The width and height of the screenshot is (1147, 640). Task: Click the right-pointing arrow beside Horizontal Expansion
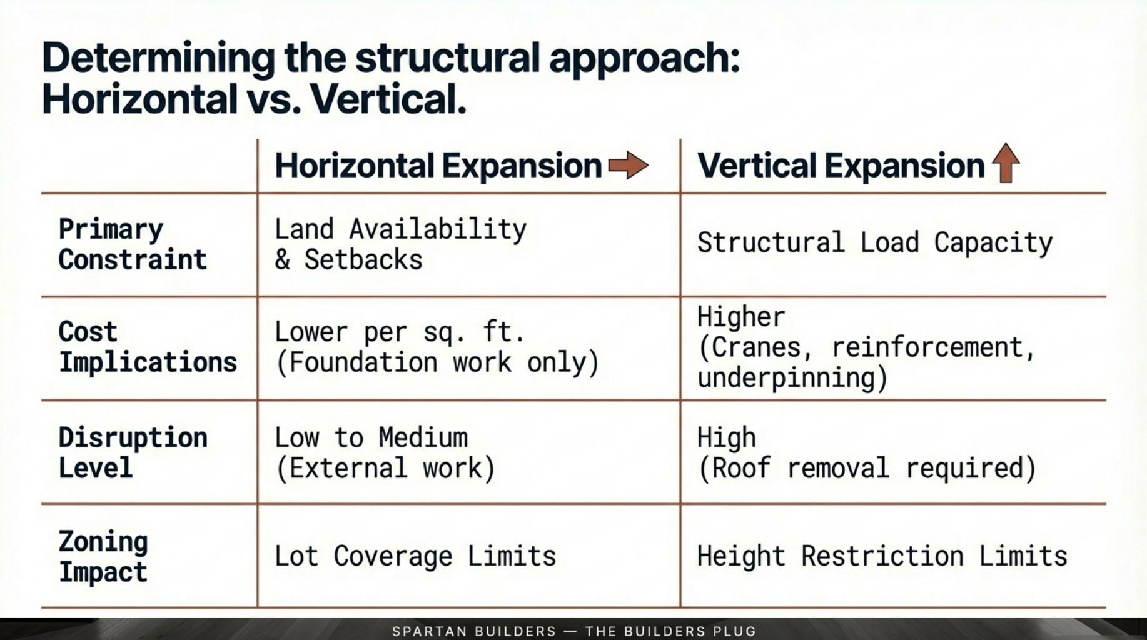click(628, 166)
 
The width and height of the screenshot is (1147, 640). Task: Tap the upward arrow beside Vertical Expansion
click(1005, 162)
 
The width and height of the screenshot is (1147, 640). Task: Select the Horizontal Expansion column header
click(438, 166)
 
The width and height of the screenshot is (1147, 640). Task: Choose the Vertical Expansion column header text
click(841, 166)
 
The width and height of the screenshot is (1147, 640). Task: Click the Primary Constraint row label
click(133, 244)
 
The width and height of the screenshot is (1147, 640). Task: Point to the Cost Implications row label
click(148, 347)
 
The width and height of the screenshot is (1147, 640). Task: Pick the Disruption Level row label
click(133, 452)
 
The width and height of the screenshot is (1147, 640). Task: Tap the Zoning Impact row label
click(103, 556)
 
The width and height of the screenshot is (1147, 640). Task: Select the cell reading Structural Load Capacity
click(874, 243)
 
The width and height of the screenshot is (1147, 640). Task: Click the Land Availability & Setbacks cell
click(400, 244)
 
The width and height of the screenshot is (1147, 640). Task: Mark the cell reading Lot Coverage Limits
click(415, 556)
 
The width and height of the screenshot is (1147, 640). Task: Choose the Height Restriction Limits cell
click(882, 556)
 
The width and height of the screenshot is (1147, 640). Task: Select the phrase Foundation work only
click(437, 362)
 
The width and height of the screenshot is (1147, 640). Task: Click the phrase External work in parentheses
click(385, 468)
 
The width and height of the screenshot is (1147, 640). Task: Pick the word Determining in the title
click(158, 58)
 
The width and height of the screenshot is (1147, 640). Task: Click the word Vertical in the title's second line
click(388, 99)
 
